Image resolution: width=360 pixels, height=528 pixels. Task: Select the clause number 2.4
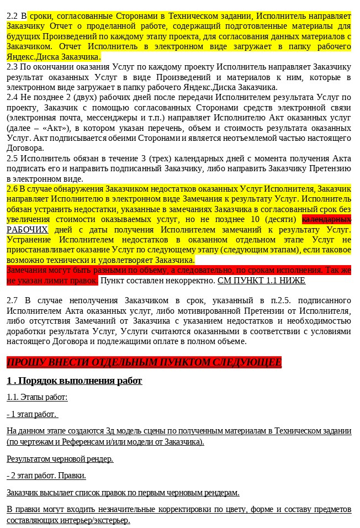coord(12,97)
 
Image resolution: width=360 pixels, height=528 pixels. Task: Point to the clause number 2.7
coord(12,300)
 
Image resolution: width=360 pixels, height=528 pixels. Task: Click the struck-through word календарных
coord(326,219)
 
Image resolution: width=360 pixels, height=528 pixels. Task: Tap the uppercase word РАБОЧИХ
coord(27,230)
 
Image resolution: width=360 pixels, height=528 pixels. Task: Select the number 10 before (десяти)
coord(256,219)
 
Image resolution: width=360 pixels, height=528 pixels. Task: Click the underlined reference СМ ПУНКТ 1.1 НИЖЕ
coord(261,281)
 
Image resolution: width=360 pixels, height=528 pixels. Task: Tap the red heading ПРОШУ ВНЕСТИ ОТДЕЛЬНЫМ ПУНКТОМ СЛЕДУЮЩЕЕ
coord(144,362)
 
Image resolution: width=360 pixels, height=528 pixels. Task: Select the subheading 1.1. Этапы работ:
coord(37,398)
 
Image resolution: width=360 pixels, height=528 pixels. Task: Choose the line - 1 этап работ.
coord(32,414)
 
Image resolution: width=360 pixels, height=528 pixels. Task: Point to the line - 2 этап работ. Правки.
coord(46,476)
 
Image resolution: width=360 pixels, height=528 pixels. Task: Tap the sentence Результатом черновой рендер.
coord(60,459)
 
